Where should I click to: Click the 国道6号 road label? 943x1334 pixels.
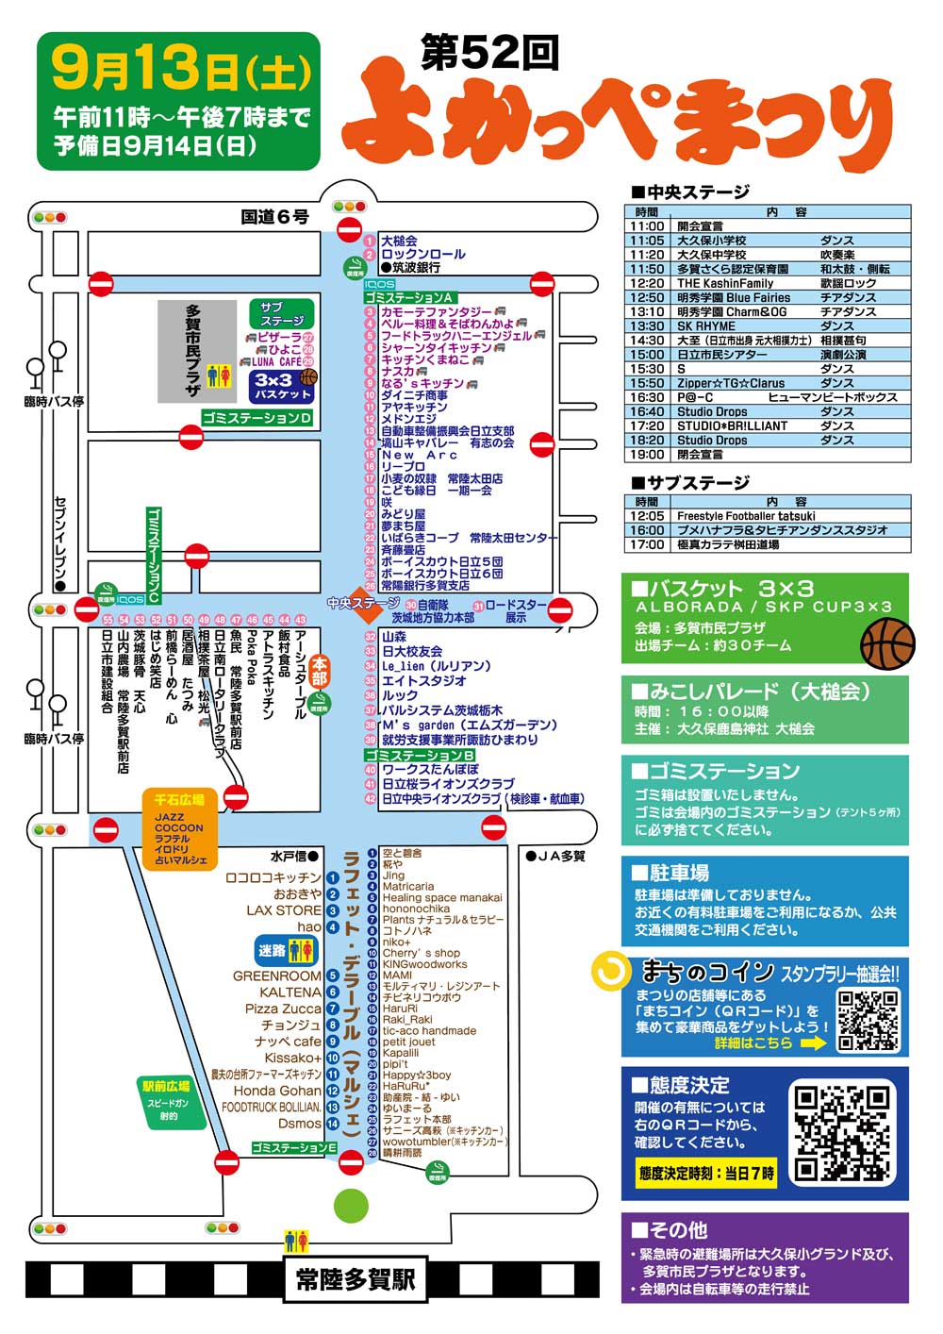[274, 217]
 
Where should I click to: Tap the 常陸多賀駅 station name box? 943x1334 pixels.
[355, 1280]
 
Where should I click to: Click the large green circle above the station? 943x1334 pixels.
[351, 1205]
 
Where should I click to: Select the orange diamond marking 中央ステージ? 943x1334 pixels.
[362, 603]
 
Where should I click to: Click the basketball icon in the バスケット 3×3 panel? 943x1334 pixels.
[886, 643]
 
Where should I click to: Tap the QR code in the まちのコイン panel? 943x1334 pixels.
[869, 1020]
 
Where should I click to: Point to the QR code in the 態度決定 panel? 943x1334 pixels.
[841, 1133]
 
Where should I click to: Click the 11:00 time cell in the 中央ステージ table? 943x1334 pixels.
[647, 226]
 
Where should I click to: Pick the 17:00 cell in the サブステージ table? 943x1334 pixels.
[647, 544]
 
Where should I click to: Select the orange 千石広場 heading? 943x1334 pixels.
[173, 799]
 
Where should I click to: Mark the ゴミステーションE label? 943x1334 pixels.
[294, 1147]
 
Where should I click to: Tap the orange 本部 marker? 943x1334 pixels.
[320, 671]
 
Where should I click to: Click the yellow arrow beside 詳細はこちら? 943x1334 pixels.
[813, 1042]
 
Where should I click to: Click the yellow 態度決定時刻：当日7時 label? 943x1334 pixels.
[705, 1174]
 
